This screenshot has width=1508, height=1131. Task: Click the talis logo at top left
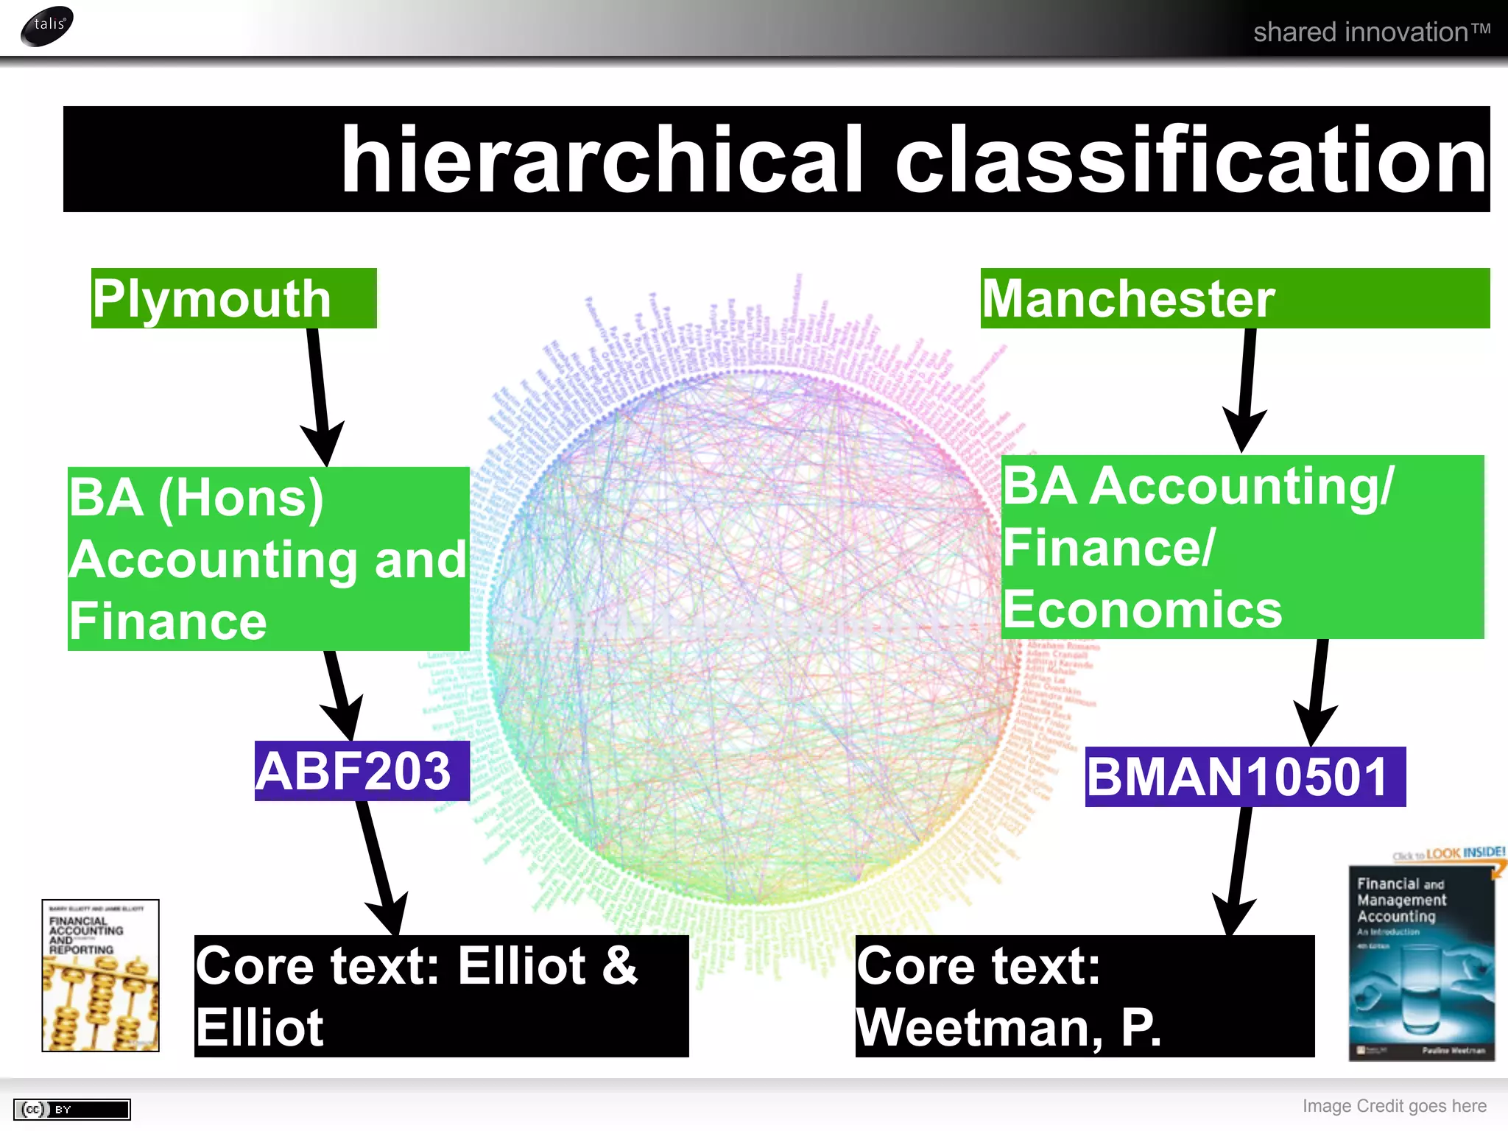pos(47,26)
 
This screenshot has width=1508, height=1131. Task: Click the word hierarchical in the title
pos(600,160)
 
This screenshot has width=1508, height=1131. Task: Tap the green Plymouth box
pos(233,298)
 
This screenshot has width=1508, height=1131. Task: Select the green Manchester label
pos(1234,298)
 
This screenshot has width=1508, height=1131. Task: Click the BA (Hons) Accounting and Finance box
pos(268,559)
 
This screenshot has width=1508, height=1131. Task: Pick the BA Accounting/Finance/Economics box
pos(1241,547)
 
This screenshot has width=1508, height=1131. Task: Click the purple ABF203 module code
pos(362,771)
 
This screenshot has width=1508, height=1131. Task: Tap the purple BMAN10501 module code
pos(1244,777)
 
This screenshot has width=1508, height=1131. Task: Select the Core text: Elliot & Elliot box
pos(440,996)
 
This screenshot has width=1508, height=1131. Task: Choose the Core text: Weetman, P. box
pos(1084,996)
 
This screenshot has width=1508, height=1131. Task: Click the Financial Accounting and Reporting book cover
pos(100,975)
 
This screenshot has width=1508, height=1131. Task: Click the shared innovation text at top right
pos(1371,32)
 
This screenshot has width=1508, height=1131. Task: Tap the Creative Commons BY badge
pos(71,1109)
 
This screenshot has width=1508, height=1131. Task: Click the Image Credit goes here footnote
pos(1394,1106)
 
